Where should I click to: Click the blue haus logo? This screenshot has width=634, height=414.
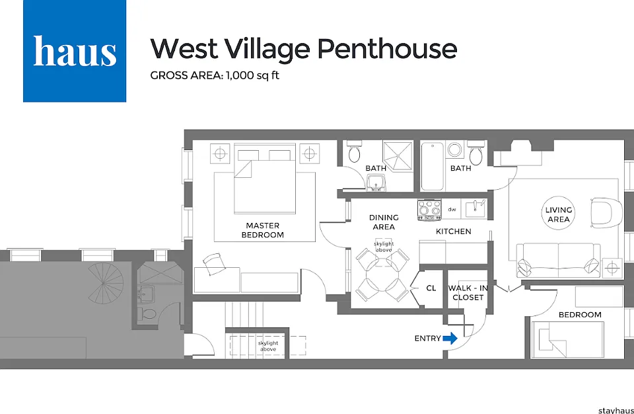[x=75, y=51]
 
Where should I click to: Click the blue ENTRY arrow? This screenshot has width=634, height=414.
[x=450, y=338]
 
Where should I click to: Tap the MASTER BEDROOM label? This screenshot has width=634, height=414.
[x=262, y=230]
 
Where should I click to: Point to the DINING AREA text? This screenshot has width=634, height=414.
[x=384, y=222]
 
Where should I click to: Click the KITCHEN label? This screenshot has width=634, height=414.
[x=453, y=231]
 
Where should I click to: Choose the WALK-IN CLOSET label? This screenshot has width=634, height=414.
[x=468, y=292]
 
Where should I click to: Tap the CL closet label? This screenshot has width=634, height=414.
[x=431, y=288]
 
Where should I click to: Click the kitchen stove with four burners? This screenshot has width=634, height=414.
[x=429, y=210]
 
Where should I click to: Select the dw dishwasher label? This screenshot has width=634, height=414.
[x=452, y=210]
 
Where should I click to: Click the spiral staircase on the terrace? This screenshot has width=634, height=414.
[x=106, y=283]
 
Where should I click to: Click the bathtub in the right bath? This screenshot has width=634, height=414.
[x=432, y=166]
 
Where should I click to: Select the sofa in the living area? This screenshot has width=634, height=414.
[x=558, y=260]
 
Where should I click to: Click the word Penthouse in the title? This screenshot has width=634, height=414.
[x=387, y=49]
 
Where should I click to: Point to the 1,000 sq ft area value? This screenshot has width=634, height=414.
[x=253, y=75]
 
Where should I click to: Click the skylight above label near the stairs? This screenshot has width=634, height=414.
[x=268, y=346]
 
